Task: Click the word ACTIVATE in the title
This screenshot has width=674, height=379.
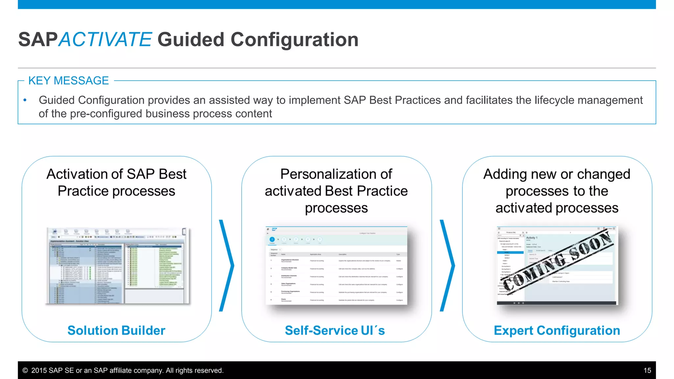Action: [105, 39]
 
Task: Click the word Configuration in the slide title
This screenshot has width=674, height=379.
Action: [294, 39]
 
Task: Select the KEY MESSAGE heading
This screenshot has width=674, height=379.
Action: [68, 81]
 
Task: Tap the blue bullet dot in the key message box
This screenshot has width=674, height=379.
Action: [25, 100]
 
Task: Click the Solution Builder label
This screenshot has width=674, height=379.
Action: [116, 330]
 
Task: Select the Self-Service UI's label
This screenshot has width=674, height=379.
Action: [335, 330]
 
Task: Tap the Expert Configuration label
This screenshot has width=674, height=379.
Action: [557, 330]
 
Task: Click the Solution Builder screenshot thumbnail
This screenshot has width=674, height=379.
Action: [118, 265]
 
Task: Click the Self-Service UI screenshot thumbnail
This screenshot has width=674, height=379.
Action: [336, 265]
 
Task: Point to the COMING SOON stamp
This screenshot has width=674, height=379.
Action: [557, 262]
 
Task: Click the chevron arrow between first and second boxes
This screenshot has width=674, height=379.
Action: [226, 265]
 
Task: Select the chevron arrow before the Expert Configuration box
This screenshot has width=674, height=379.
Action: [447, 265]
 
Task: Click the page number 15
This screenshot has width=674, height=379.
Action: [647, 370]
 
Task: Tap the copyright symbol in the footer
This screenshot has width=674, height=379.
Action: [25, 370]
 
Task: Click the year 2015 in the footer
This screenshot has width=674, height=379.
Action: [39, 370]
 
